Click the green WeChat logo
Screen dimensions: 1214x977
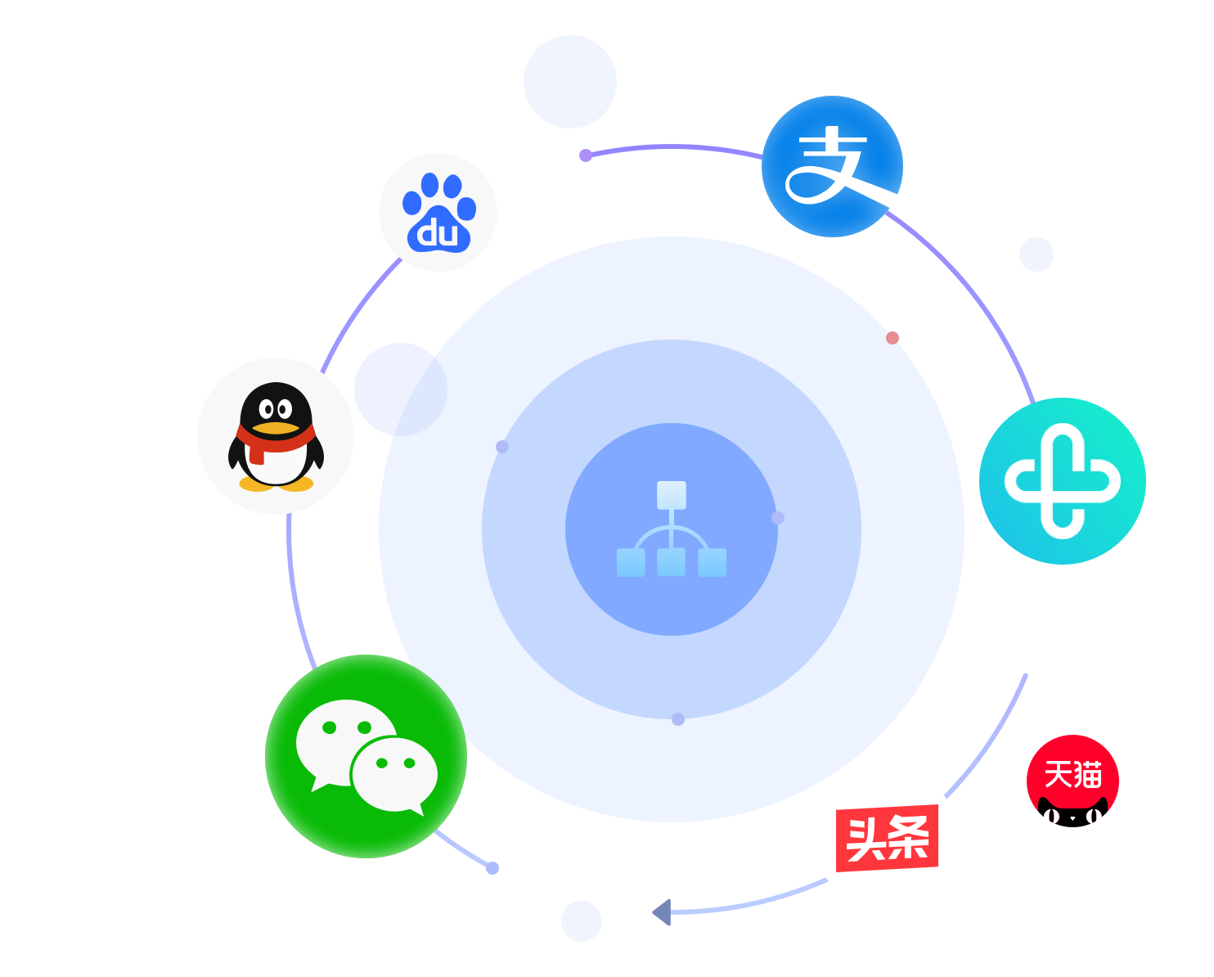(x=366, y=756)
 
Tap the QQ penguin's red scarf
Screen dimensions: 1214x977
(x=275, y=443)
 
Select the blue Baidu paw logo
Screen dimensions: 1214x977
(x=438, y=212)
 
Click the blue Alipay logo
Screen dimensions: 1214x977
(x=832, y=166)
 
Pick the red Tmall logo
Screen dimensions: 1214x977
(x=1072, y=781)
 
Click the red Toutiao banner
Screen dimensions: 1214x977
(x=887, y=838)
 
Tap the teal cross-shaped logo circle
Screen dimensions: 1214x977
(x=1062, y=481)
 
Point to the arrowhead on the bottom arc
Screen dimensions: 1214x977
(x=661, y=912)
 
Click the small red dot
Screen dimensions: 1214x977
(x=892, y=337)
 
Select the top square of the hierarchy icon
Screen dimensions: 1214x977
(x=672, y=495)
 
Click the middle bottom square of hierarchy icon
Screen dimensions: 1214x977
(x=672, y=562)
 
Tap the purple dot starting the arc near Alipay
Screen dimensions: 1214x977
(x=586, y=155)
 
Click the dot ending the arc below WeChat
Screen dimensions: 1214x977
(x=492, y=868)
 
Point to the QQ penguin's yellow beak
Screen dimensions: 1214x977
(x=276, y=428)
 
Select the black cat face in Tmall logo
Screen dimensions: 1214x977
(x=1072, y=813)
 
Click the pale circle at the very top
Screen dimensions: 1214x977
(x=569, y=82)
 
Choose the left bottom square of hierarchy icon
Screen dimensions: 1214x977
(x=631, y=563)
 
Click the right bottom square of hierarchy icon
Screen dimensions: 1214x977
(x=712, y=563)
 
